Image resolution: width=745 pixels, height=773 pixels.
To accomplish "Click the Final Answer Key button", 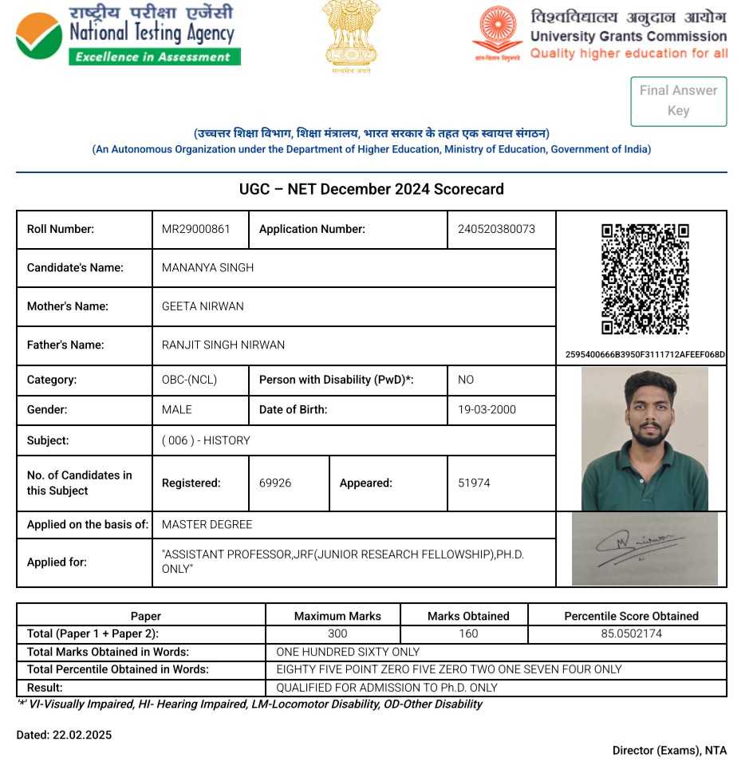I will tap(678, 101).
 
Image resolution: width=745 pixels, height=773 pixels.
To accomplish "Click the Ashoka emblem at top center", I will tap(352, 36).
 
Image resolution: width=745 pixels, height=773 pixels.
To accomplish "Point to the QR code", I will tap(644, 279).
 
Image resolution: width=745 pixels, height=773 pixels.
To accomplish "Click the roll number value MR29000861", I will tap(196, 229).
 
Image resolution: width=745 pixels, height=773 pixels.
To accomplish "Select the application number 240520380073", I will tap(496, 229).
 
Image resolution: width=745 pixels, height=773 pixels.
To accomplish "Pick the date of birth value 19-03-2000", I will tap(487, 409).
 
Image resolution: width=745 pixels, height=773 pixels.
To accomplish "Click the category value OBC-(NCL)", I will tap(189, 380).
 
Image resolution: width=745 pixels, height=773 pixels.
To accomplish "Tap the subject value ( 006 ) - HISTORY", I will tap(206, 440).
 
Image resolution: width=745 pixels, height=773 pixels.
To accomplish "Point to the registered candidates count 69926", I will tap(275, 483).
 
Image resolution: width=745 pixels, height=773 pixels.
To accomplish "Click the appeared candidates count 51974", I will tap(474, 483).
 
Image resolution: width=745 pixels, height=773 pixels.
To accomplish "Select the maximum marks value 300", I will tap(337, 633).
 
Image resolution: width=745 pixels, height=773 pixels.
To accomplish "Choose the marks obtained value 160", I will tap(468, 633).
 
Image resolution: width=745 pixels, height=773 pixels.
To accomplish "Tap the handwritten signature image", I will tap(644, 549).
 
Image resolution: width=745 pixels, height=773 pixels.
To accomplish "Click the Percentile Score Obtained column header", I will tap(631, 616).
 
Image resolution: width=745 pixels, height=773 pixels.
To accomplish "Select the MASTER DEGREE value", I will tap(207, 524).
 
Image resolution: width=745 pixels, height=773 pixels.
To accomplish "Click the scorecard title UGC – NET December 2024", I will tap(371, 189).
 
